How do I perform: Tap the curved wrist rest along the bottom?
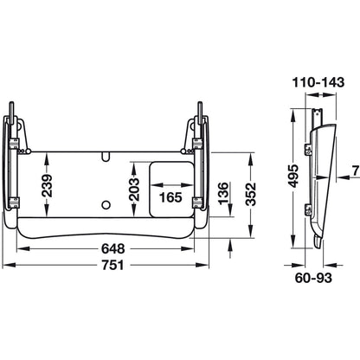107,229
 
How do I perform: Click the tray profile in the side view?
322,182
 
